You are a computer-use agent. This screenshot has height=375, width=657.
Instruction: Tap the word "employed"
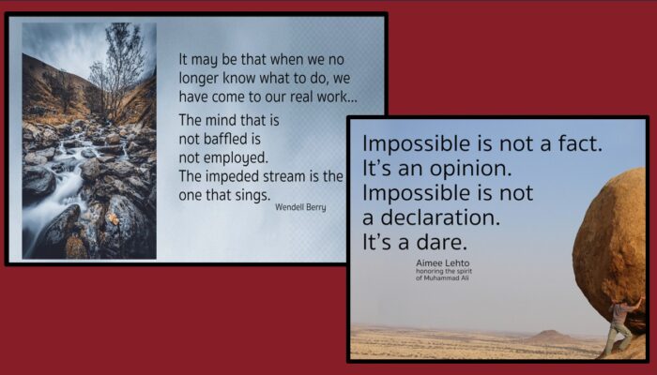tap(236, 157)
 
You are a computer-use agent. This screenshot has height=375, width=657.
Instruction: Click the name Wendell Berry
tap(300, 207)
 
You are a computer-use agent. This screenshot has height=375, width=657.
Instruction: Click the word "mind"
tap(227, 120)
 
